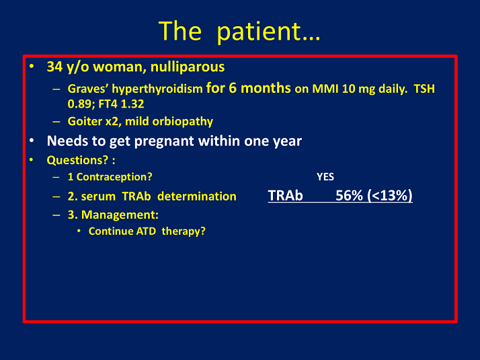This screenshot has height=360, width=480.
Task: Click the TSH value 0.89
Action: coord(79,105)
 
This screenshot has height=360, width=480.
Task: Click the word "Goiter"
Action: coord(83,122)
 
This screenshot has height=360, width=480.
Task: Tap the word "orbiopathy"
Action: coord(185,122)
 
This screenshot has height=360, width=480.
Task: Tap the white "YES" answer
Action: coord(325,177)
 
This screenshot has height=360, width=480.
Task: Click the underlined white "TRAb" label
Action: coord(285,196)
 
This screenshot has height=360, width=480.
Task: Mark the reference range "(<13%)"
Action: coord(390,196)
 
